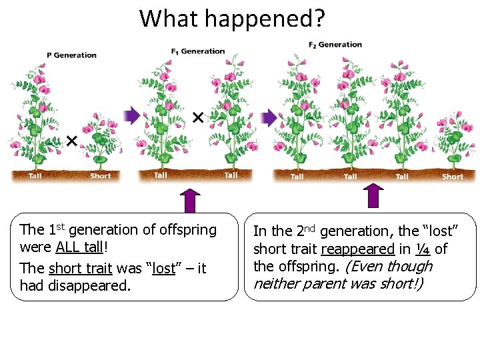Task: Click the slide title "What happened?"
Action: (x=232, y=18)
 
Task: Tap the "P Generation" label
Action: (x=71, y=55)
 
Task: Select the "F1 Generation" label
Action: (x=198, y=51)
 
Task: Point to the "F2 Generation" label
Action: (x=335, y=45)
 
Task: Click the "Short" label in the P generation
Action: (x=101, y=176)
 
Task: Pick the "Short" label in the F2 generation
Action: (x=452, y=177)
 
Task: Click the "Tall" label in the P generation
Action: (x=35, y=176)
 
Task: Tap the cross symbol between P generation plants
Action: (x=71, y=141)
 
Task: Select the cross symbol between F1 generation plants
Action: (x=198, y=118)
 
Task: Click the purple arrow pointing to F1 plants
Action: (x=133, y=117)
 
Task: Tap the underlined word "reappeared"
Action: (x=357, y=249)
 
